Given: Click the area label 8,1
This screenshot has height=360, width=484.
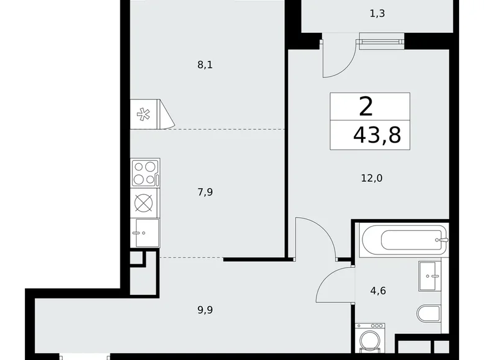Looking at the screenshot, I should coord(205,64).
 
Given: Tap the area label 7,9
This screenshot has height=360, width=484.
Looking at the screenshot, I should coord(205,192).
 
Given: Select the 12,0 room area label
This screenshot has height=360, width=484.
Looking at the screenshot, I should coord(372,178).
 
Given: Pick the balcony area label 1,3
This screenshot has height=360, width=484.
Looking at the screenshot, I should coord(377,13).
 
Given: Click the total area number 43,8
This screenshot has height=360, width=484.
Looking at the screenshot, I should coord(377,133).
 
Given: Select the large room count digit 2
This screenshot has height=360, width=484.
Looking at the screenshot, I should coord(366,107).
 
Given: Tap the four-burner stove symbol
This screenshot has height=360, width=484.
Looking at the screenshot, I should coord(145,172).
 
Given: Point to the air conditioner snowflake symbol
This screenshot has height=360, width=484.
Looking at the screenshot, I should coord(144,114).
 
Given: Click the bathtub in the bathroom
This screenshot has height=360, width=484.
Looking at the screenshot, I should coord(401,238).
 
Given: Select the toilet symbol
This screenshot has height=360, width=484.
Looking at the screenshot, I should coord(428,314).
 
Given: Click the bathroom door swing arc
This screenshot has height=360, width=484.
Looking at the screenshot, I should coord(334,282).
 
